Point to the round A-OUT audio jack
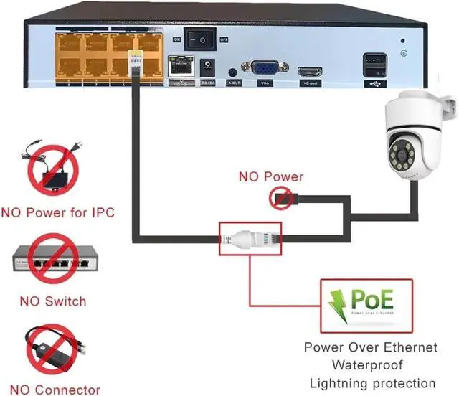click(x=233, y=72)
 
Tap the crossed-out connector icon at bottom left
click(x=51, y=351)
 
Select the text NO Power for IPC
click(x=58, y=213)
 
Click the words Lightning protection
click(x=370, y=382)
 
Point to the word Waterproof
click(x=370, y=365)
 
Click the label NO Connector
click(x=52, y=390)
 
